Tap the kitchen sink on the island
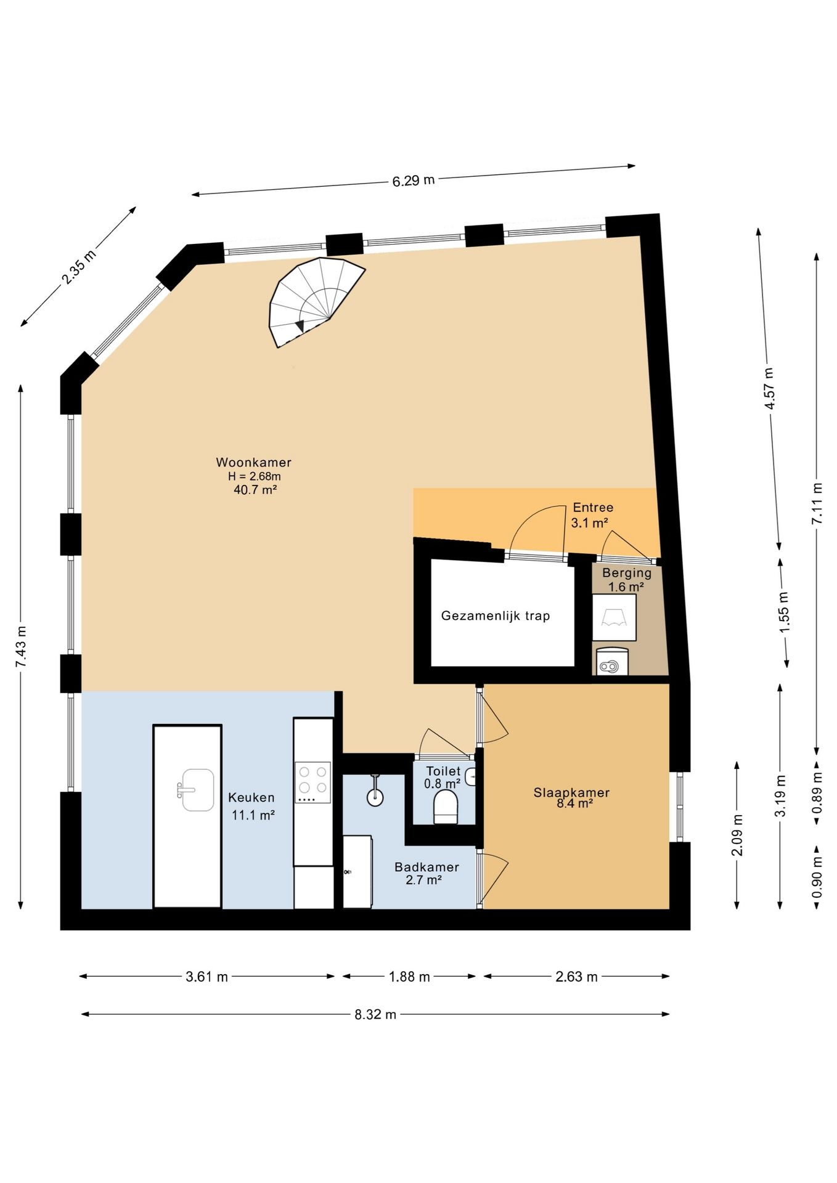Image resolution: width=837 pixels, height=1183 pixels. click(x=196, y=789)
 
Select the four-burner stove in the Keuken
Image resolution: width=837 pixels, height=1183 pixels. click(x=312, y=783)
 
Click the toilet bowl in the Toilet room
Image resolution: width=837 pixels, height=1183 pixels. click(x=446, y=807)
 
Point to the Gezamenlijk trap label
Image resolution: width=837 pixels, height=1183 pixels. click(x=496, y=616)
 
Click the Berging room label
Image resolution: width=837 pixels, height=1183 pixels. click(x=627, y=572)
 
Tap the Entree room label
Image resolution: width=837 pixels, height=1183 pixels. click(x=594, y=507)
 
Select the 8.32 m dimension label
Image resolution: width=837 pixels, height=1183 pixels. click(x=375, y=1014)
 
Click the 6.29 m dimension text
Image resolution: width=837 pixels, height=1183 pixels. click(x=414, y=181)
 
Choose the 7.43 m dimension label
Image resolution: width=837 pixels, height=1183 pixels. click(x=21, y=646)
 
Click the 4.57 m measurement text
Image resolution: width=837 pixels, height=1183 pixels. click(x=769, y=388)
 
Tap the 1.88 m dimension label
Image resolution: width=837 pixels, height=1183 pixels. click(x=409, y=977)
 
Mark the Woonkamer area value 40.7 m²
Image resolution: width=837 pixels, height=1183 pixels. click(x=255, y=490)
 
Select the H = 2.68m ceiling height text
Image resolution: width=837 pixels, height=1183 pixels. click(x=255, y=476)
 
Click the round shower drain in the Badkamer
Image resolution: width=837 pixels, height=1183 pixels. click(x=375, y=797)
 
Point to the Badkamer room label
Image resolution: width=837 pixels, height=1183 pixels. click(x=427, y=867)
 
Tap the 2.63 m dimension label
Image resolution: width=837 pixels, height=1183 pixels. click(x=576, y=977)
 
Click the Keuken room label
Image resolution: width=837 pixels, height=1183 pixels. click(x=251, y=797)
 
